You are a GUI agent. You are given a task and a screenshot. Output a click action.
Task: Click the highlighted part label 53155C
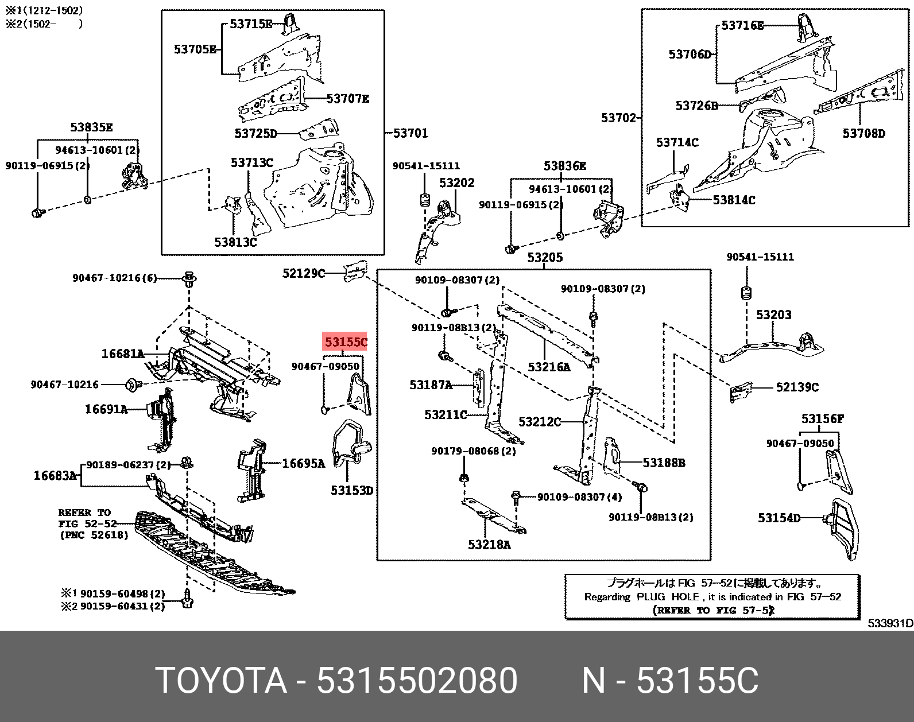[344, 342]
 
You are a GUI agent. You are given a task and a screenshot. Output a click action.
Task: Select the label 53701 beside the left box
[411, 133]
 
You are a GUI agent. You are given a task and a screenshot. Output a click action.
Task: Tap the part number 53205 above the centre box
[545, 257]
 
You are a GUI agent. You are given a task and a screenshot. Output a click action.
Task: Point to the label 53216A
[549, 367]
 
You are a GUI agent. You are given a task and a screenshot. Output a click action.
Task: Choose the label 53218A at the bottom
[489, 545]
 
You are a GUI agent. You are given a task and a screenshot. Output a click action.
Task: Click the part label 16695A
[303, 463]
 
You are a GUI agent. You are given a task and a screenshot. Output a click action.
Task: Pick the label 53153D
[352, 490]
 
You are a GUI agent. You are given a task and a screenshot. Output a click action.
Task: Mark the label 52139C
[797, 387]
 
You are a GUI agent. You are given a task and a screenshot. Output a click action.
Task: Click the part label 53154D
[779, 518]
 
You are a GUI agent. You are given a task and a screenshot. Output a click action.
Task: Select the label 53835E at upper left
[91, 127]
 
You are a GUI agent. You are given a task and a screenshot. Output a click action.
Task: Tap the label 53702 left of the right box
[618, 118]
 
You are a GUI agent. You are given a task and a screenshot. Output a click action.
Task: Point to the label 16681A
[122, 354]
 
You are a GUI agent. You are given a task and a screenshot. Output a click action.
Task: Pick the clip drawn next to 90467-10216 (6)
[189, 280]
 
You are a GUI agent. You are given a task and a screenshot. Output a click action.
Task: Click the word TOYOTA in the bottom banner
[221, 681]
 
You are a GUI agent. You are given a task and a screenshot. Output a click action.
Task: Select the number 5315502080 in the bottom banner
[417, 681]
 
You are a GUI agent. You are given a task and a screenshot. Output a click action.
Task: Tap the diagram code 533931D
[890, 623]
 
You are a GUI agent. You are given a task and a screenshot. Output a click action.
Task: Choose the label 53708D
[863, 133]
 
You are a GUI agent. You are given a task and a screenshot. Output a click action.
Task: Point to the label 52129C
[303, 273]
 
